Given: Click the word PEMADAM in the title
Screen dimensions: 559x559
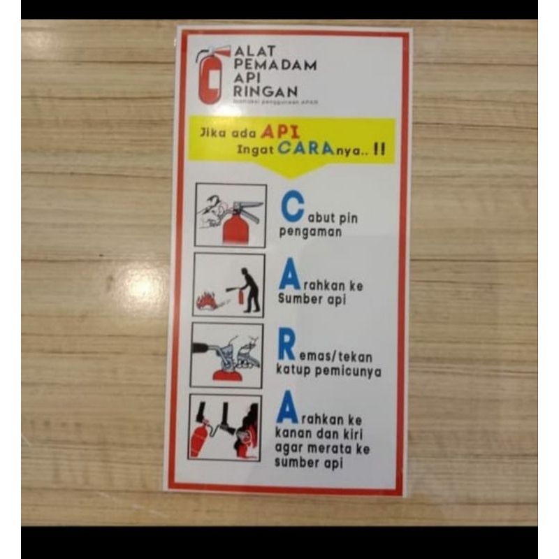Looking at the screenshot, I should pyautogui.click(x=275, y=64).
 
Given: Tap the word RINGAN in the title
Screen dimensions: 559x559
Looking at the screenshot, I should pyautogui.click(x=266, y=91).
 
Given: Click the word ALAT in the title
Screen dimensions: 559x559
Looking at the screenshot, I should pyautogui.click(x=255, y=51).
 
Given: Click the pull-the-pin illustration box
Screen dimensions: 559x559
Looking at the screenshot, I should pyautogui.click(x=231, y=215).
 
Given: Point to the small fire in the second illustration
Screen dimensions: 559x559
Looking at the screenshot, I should pyautogui.click(x=206, y=300).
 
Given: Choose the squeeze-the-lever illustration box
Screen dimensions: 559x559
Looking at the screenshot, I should pyautogui.click(x=228, y=355).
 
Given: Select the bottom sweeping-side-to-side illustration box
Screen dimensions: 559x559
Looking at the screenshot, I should pyautogui.click(x=225, y=427).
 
